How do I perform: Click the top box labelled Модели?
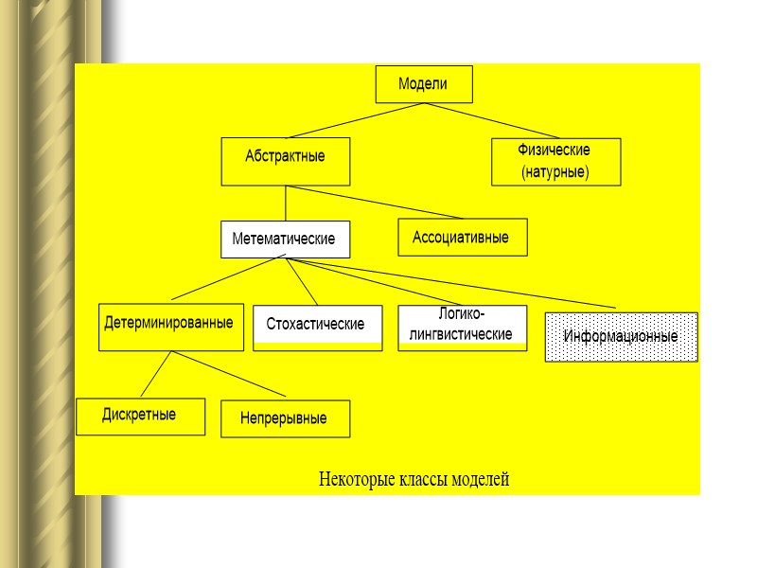[x=423, y=84]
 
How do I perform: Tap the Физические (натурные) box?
[x=555, y=161]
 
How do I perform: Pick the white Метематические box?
[x=285, y=240]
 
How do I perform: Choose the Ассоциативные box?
[x=462, y=237]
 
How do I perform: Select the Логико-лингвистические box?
[x=462, y=328]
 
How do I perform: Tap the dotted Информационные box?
[x=621, y=337]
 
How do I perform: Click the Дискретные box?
[x=140, y=417]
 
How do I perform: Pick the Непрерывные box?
[x=285, y=418]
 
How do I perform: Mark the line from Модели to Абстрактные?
[x=355, y=120]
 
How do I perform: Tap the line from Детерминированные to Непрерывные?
[x=227, y=374]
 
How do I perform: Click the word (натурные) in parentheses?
[x=555, y=172]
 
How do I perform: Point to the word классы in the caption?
[x=421, y=480]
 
